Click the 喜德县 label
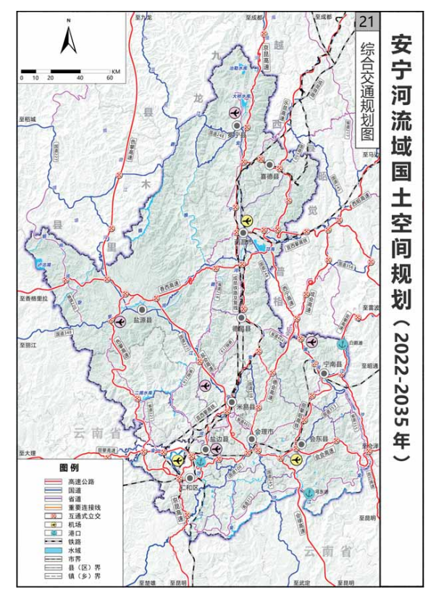(x=269, y=174)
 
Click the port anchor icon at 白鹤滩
(x=341, y=345)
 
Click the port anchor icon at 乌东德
(x=309, y=493)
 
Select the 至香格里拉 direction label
(x=33, y=298)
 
